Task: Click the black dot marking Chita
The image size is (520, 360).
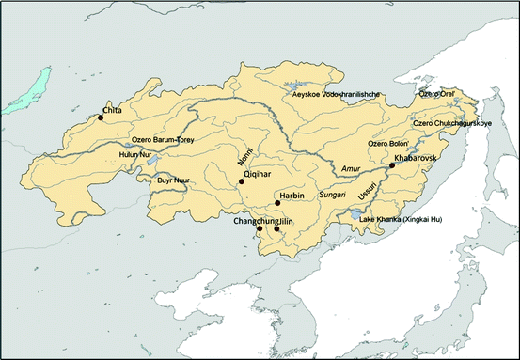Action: click(100, 117)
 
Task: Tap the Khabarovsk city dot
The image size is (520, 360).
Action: click(391, 165)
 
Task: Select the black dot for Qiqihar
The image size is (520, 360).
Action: click(242, 181)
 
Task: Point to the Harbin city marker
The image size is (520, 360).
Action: click(276, 202)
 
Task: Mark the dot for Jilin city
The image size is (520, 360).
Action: click(276, 228)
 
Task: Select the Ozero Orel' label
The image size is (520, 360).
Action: click(436, 94)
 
